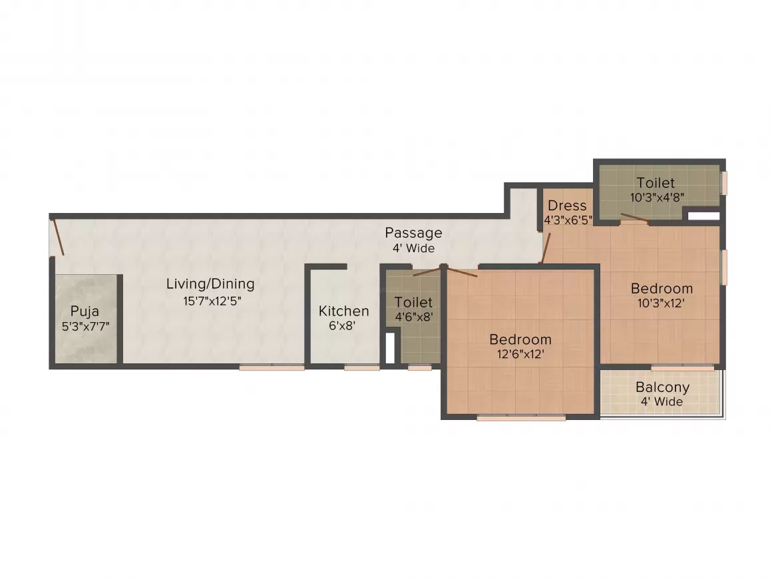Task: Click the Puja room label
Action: pos(85,311)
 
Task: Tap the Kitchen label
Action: pos(343,311)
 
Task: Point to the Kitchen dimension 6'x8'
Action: pos(343,327)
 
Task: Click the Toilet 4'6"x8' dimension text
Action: pos(414,317)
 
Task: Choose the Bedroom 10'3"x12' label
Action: pos(662,288)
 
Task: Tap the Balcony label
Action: pos(662,387)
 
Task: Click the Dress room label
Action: pos(568,206)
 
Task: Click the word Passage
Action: pos(413,233)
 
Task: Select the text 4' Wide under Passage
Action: pos(413,248)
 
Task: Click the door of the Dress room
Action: pos(545,246)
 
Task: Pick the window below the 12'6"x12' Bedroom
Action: pos(521,418)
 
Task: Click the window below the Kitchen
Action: pos(361,367)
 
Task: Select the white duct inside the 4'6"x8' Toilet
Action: pos(391,347)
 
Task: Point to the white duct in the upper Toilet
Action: pos(703,216)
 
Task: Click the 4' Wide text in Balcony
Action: pos(662,401)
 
